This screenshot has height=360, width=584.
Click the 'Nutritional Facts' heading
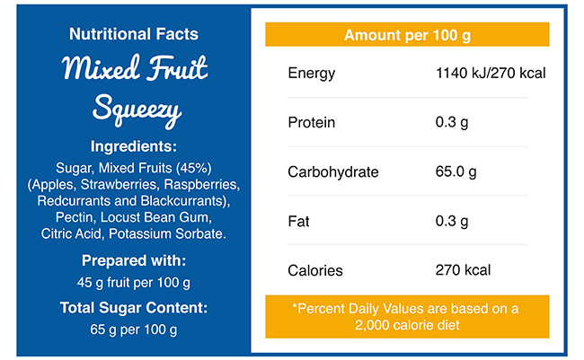pos(134,35)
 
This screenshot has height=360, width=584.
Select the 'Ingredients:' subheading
pos(134,146)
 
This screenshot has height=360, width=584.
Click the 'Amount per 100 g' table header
pos(407,36)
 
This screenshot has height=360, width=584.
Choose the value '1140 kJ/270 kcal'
pos(491,73)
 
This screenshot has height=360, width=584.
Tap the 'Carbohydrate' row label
pos(332,171)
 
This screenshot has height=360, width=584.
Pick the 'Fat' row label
pos(299,221)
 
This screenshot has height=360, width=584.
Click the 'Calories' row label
pos(314,270)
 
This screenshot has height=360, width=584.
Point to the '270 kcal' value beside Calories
pos(463,270)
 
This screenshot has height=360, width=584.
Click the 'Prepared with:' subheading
pos(134,261)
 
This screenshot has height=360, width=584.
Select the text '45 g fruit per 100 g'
pos(134,284)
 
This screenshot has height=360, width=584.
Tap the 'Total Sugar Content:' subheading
pos(134,307)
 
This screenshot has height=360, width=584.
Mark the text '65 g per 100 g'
pos(134,329)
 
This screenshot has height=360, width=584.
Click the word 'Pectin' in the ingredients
pos(75,218)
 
